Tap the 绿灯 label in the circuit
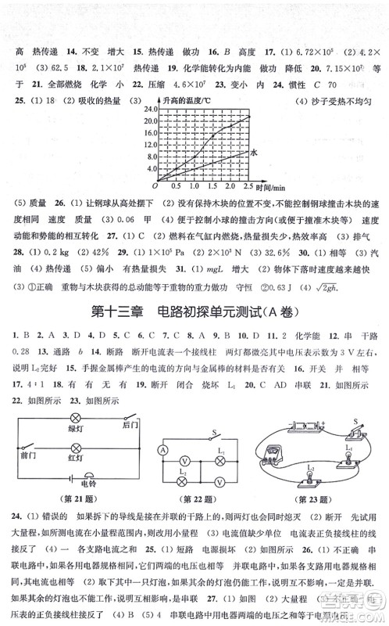tap(76, 428)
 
